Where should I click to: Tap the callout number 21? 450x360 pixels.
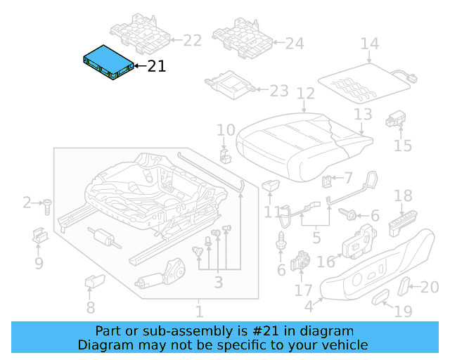(157, 67)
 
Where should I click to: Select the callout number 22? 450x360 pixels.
(192, 41)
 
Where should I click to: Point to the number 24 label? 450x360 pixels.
(294, 44)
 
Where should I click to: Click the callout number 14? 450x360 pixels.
(369, 44)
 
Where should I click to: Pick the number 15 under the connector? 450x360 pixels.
(402, 146)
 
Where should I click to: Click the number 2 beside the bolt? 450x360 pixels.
(27, 203)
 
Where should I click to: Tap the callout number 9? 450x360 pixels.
(39, 264)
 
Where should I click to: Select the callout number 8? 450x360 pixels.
(90, 307)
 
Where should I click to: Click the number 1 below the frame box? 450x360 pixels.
(199, 311)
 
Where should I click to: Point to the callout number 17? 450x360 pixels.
(303, 290)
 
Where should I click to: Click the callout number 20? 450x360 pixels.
(429, 286)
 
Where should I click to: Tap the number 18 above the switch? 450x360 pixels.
(403, 195)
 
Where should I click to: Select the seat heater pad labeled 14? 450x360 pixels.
(364, 82)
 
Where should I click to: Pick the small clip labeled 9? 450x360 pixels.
(39, 236)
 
